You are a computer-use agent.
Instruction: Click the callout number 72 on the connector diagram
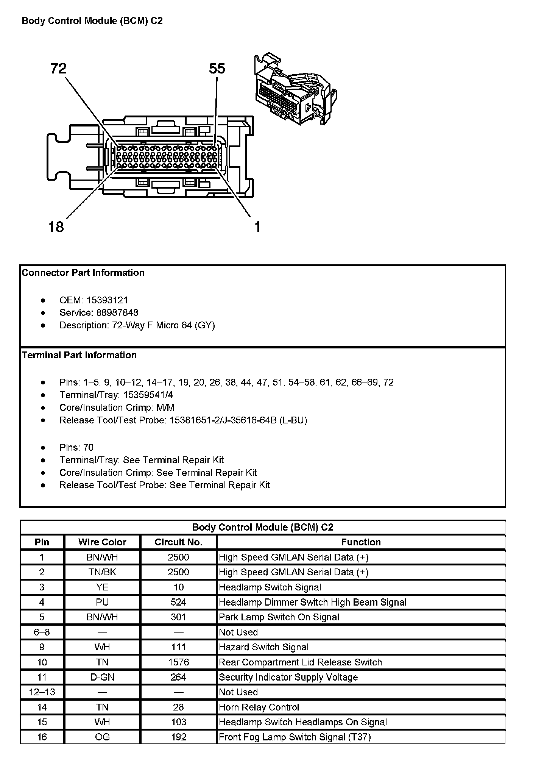(58, 69)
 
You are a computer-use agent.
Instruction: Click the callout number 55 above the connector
(217, 69)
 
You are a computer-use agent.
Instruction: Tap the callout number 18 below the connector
(56, 227)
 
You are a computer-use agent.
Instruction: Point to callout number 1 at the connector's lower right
(257, 227)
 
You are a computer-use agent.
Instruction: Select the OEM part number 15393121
(107, 300)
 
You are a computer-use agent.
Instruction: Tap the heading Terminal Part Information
(79, 355)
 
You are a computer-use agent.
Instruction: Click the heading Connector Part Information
(83, 273)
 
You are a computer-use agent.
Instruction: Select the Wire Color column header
(102, 542)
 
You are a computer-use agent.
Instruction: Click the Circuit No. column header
(178, 542)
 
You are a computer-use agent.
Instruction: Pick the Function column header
(361, 542)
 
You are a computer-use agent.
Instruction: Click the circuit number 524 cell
(178, 602)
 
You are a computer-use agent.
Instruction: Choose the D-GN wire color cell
(102, 677)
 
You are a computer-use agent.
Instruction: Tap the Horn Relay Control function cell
(259, 707)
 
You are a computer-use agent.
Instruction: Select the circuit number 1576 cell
(178, 662)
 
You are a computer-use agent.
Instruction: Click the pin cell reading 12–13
(42, 692)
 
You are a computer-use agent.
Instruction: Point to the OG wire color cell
(102, 737)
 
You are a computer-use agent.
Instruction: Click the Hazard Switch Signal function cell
(264, 647)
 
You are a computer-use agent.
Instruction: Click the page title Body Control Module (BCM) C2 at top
(92, 21)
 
